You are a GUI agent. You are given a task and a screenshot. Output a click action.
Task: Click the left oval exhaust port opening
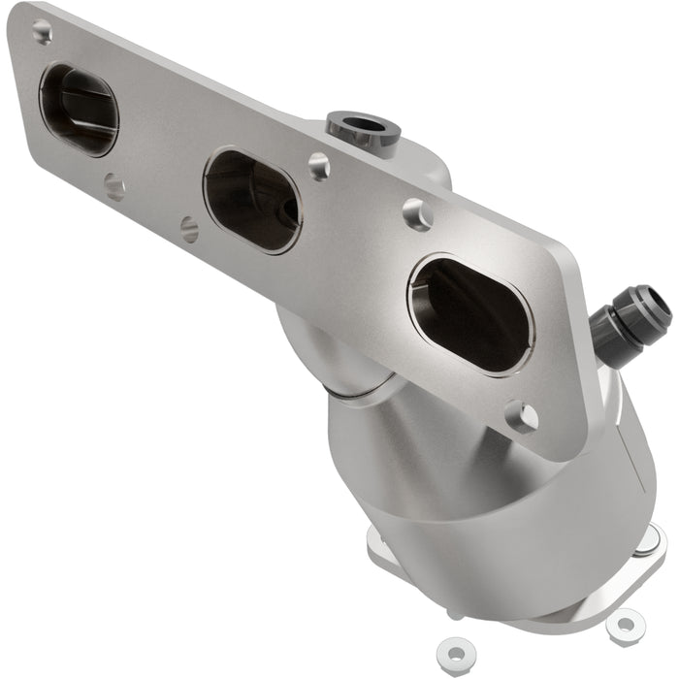[79, 110]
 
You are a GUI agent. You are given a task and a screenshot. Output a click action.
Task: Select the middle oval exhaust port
[252, 201]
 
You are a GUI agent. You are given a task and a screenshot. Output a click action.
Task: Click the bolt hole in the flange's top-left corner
[43, 32]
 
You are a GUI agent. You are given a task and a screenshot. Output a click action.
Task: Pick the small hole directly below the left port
[114, 185]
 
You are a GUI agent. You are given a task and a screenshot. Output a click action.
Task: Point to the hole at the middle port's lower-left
[189, 229]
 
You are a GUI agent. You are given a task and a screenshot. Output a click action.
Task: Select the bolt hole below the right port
[522, 417]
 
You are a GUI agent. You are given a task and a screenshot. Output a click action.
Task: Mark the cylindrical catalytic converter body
[485, 504]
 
